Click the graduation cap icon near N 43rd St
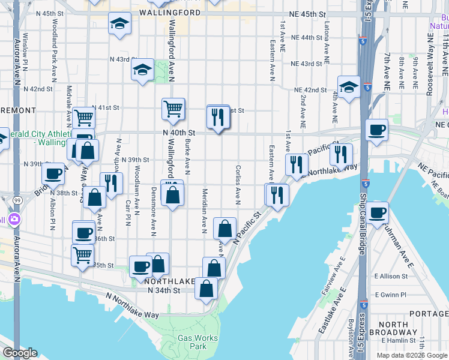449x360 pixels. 143,70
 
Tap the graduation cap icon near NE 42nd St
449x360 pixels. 348,88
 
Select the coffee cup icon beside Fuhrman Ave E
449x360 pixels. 378,212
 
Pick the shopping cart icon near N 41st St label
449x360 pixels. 172,109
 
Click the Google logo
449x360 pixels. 20,353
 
